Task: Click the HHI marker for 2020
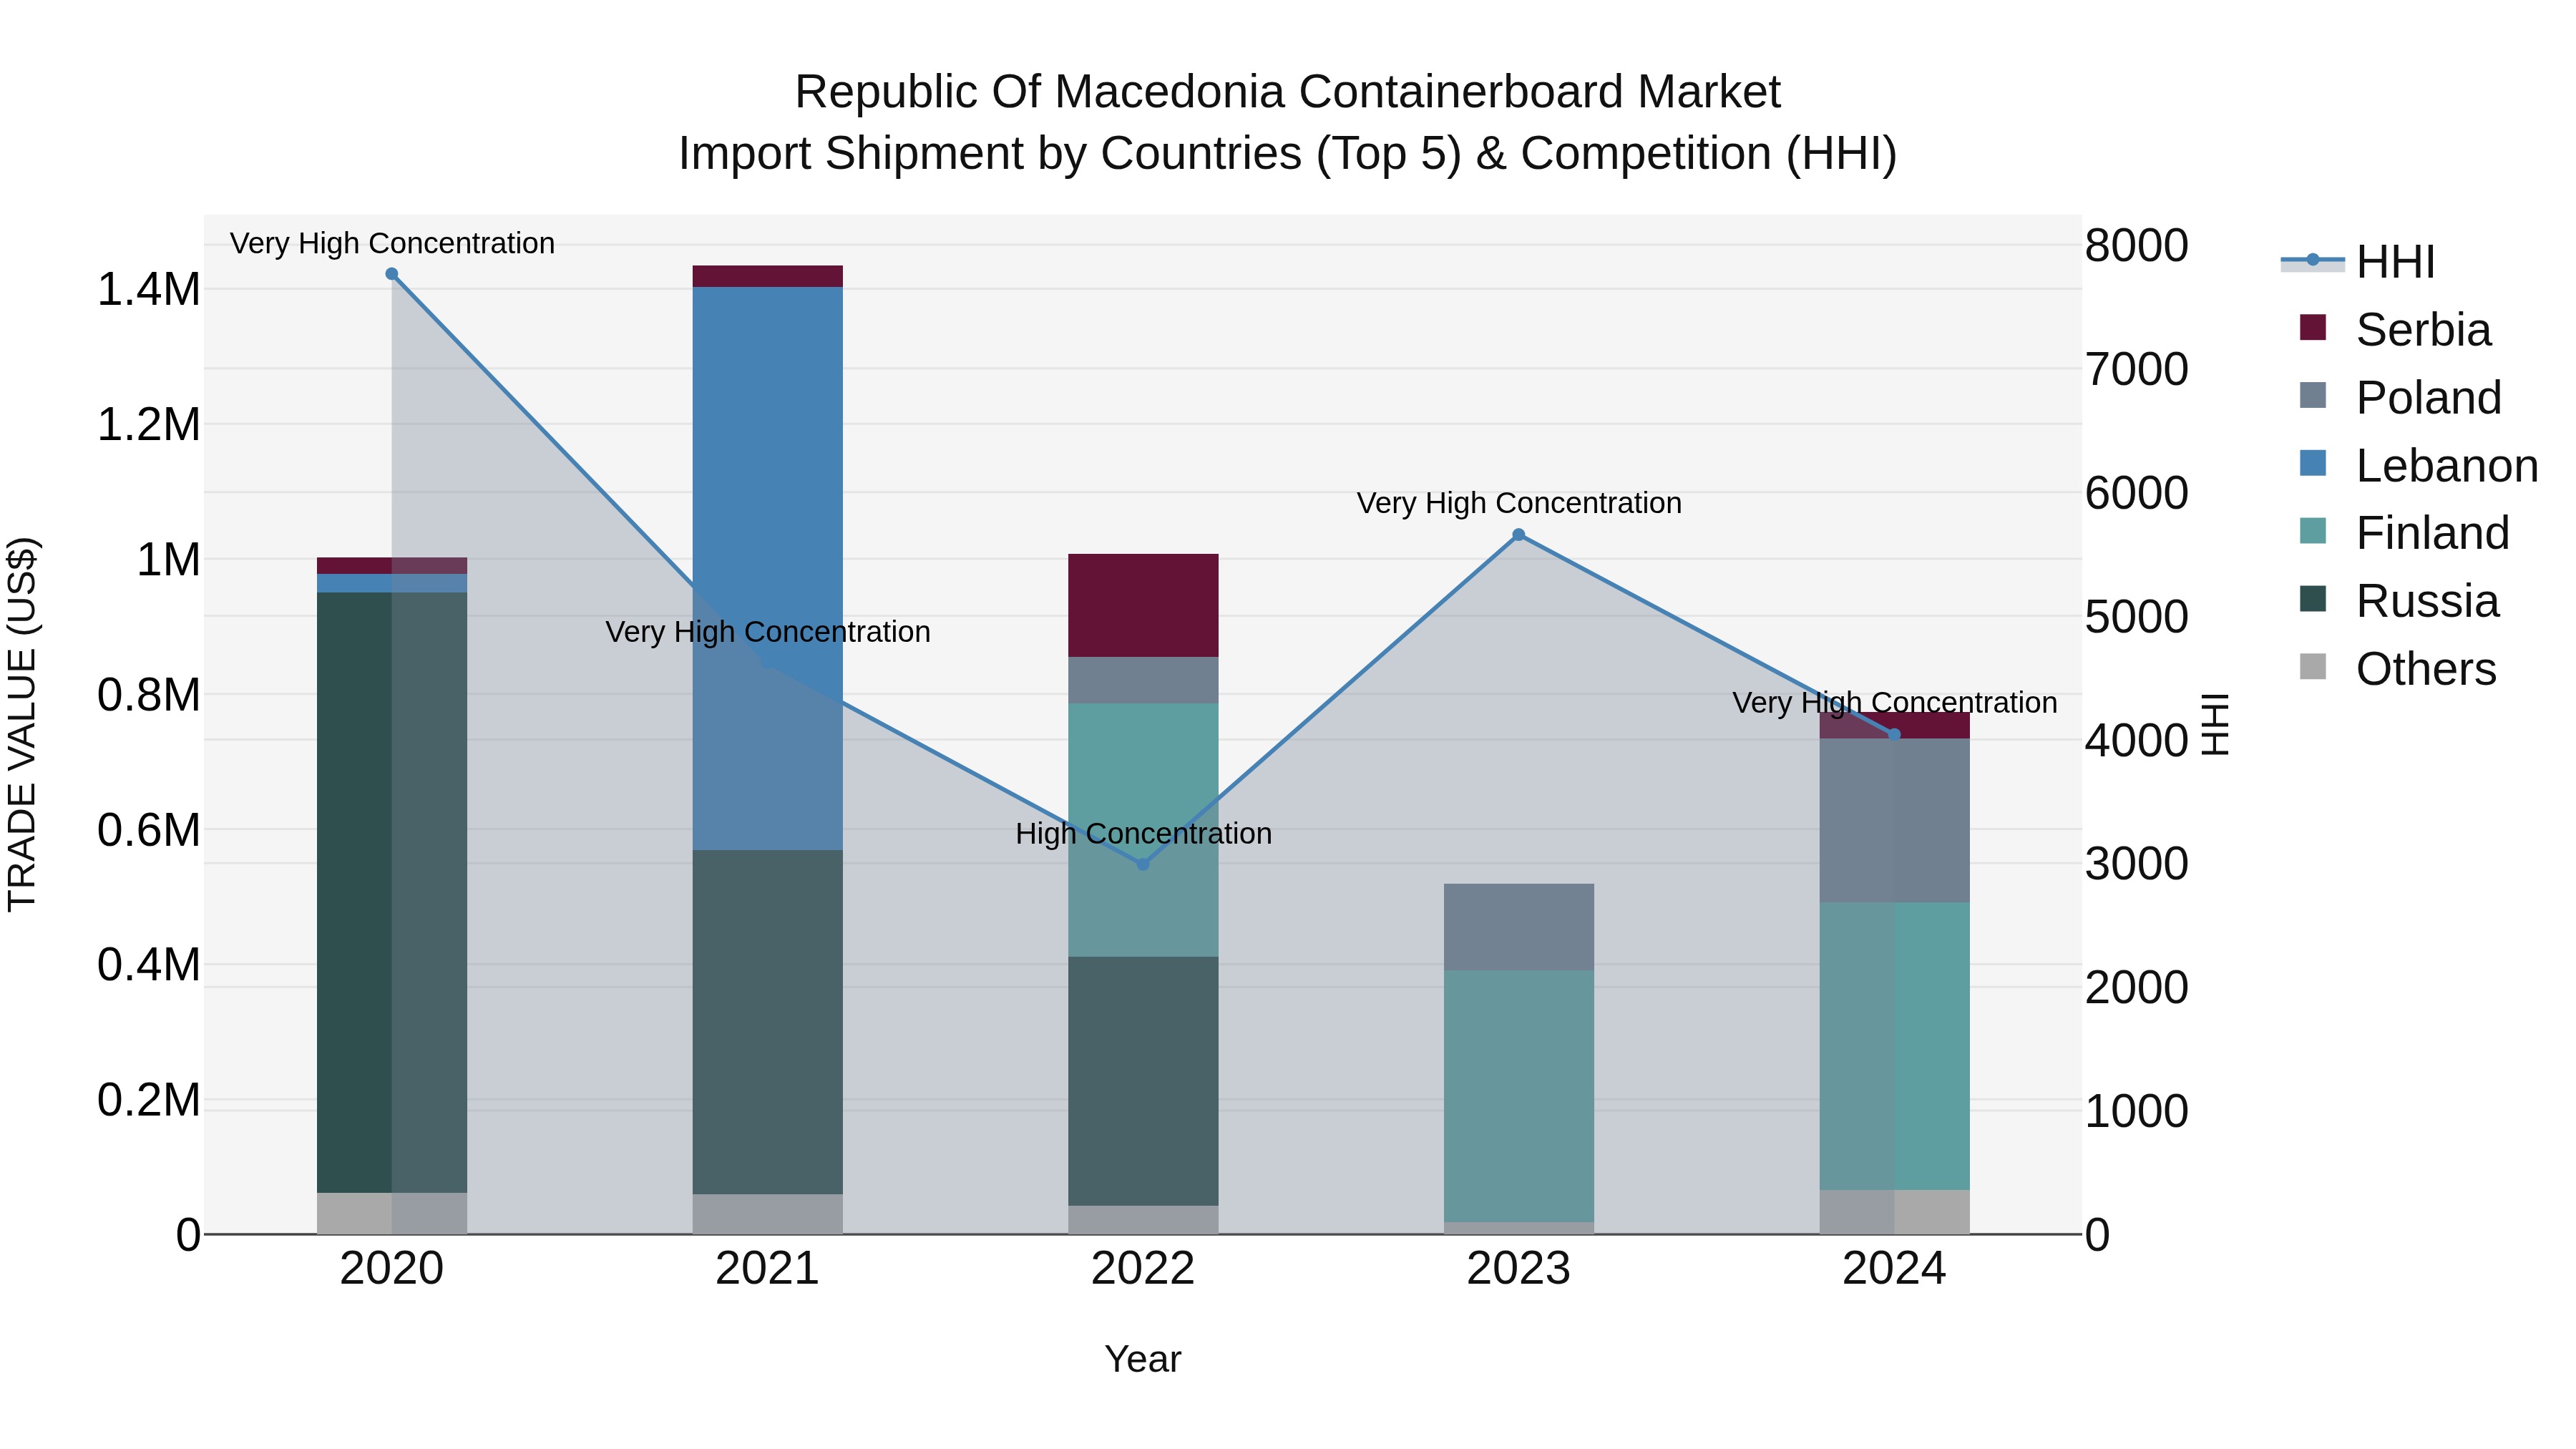click(392, 274)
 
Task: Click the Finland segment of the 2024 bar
click(1894, 1045)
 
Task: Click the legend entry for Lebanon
click(2446, 466)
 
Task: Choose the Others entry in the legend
click(2425, 669)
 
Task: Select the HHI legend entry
click(2394, 262)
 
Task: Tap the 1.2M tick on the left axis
click(148, 425)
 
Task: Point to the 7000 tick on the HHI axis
click(2136, 369)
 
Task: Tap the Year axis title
click(1143, 1359)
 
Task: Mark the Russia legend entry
click(2427, 601)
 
